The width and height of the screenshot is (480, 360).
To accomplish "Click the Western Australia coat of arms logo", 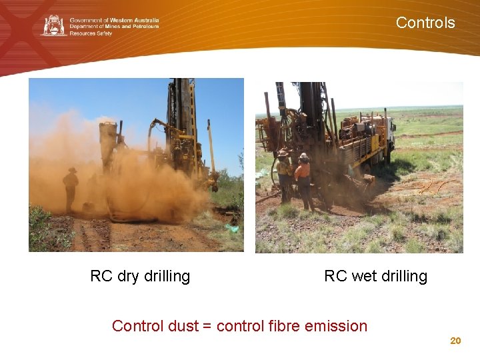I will coord(54,25).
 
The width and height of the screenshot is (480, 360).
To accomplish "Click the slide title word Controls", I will coord(425,23).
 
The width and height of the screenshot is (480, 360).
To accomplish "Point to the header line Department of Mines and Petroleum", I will coord(114,26).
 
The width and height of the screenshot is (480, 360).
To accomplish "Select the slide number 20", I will coord(455,341).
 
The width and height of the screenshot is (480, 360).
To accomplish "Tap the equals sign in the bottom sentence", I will coord(207,326).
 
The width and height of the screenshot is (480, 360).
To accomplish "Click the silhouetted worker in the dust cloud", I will coord(71,187).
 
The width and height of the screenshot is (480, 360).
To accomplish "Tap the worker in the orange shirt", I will coord(303,179).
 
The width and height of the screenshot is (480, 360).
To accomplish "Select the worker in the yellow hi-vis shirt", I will coord(285,175).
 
